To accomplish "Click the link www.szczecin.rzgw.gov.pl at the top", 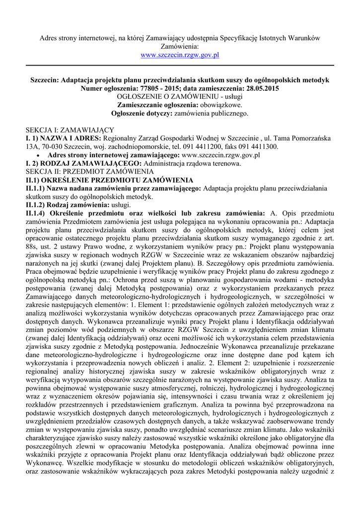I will (x=180, y=55).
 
